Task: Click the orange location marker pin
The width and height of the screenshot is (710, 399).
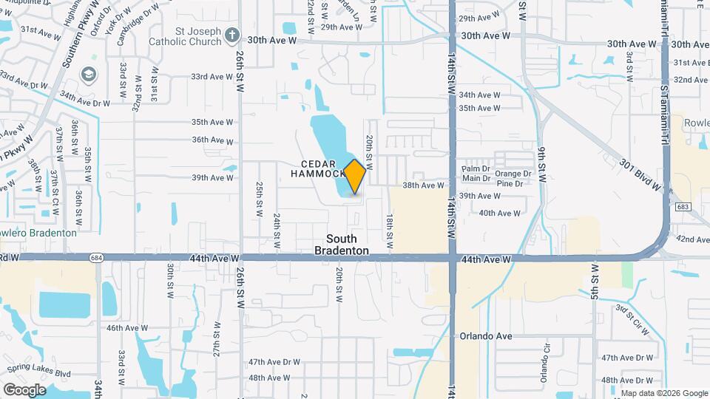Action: coord(355,177)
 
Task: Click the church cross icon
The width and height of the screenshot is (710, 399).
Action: coord(232,35)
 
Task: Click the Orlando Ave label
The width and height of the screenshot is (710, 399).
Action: coord(486,335)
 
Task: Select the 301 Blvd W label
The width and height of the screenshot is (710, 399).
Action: coord(639,175)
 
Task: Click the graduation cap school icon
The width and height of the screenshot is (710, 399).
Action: coord(89,74)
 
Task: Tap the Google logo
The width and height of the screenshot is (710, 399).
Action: coord(24,389)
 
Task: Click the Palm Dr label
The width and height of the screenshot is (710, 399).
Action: coord(476,168)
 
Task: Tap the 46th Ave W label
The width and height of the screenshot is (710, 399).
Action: coord(127,327)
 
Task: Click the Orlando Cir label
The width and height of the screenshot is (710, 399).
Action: coord(547,362)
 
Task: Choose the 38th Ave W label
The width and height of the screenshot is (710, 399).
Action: coord(423,185)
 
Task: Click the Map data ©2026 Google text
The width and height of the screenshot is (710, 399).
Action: coord(663,392)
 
